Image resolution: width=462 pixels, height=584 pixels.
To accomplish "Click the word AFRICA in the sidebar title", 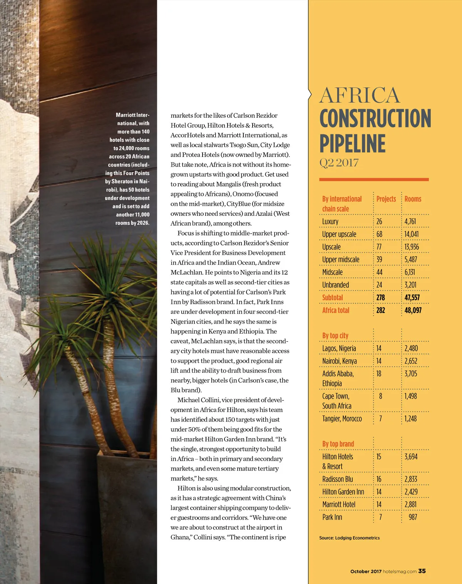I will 360,95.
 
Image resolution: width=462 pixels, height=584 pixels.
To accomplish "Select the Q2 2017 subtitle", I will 339,163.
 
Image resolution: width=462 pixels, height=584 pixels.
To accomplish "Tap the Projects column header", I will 386,199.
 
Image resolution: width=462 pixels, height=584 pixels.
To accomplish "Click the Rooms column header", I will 413,199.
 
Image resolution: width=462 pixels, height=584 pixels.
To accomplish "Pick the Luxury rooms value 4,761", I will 410,222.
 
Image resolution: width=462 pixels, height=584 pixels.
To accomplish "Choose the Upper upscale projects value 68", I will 379,234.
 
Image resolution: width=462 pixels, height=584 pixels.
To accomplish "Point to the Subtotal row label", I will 332,297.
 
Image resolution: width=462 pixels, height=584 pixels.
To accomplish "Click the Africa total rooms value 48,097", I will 413,310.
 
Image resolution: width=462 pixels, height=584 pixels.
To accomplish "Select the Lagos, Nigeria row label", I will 339,349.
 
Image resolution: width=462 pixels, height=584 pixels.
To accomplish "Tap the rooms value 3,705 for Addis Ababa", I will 410,374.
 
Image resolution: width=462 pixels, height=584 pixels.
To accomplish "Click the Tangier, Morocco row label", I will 342,419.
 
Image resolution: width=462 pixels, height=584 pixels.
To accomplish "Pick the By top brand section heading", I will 338,444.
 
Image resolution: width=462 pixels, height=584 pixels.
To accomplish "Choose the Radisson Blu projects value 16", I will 379,479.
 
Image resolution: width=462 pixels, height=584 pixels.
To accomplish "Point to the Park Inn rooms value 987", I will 413,517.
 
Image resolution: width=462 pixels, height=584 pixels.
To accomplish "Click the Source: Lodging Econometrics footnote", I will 349,538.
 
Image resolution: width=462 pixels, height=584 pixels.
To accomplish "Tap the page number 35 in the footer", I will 422,571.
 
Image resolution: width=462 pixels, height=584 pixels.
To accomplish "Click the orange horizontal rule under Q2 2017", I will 374,179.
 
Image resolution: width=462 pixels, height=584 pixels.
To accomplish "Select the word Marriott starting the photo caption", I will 126,115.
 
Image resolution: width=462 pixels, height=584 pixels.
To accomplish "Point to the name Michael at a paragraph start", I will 189,400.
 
